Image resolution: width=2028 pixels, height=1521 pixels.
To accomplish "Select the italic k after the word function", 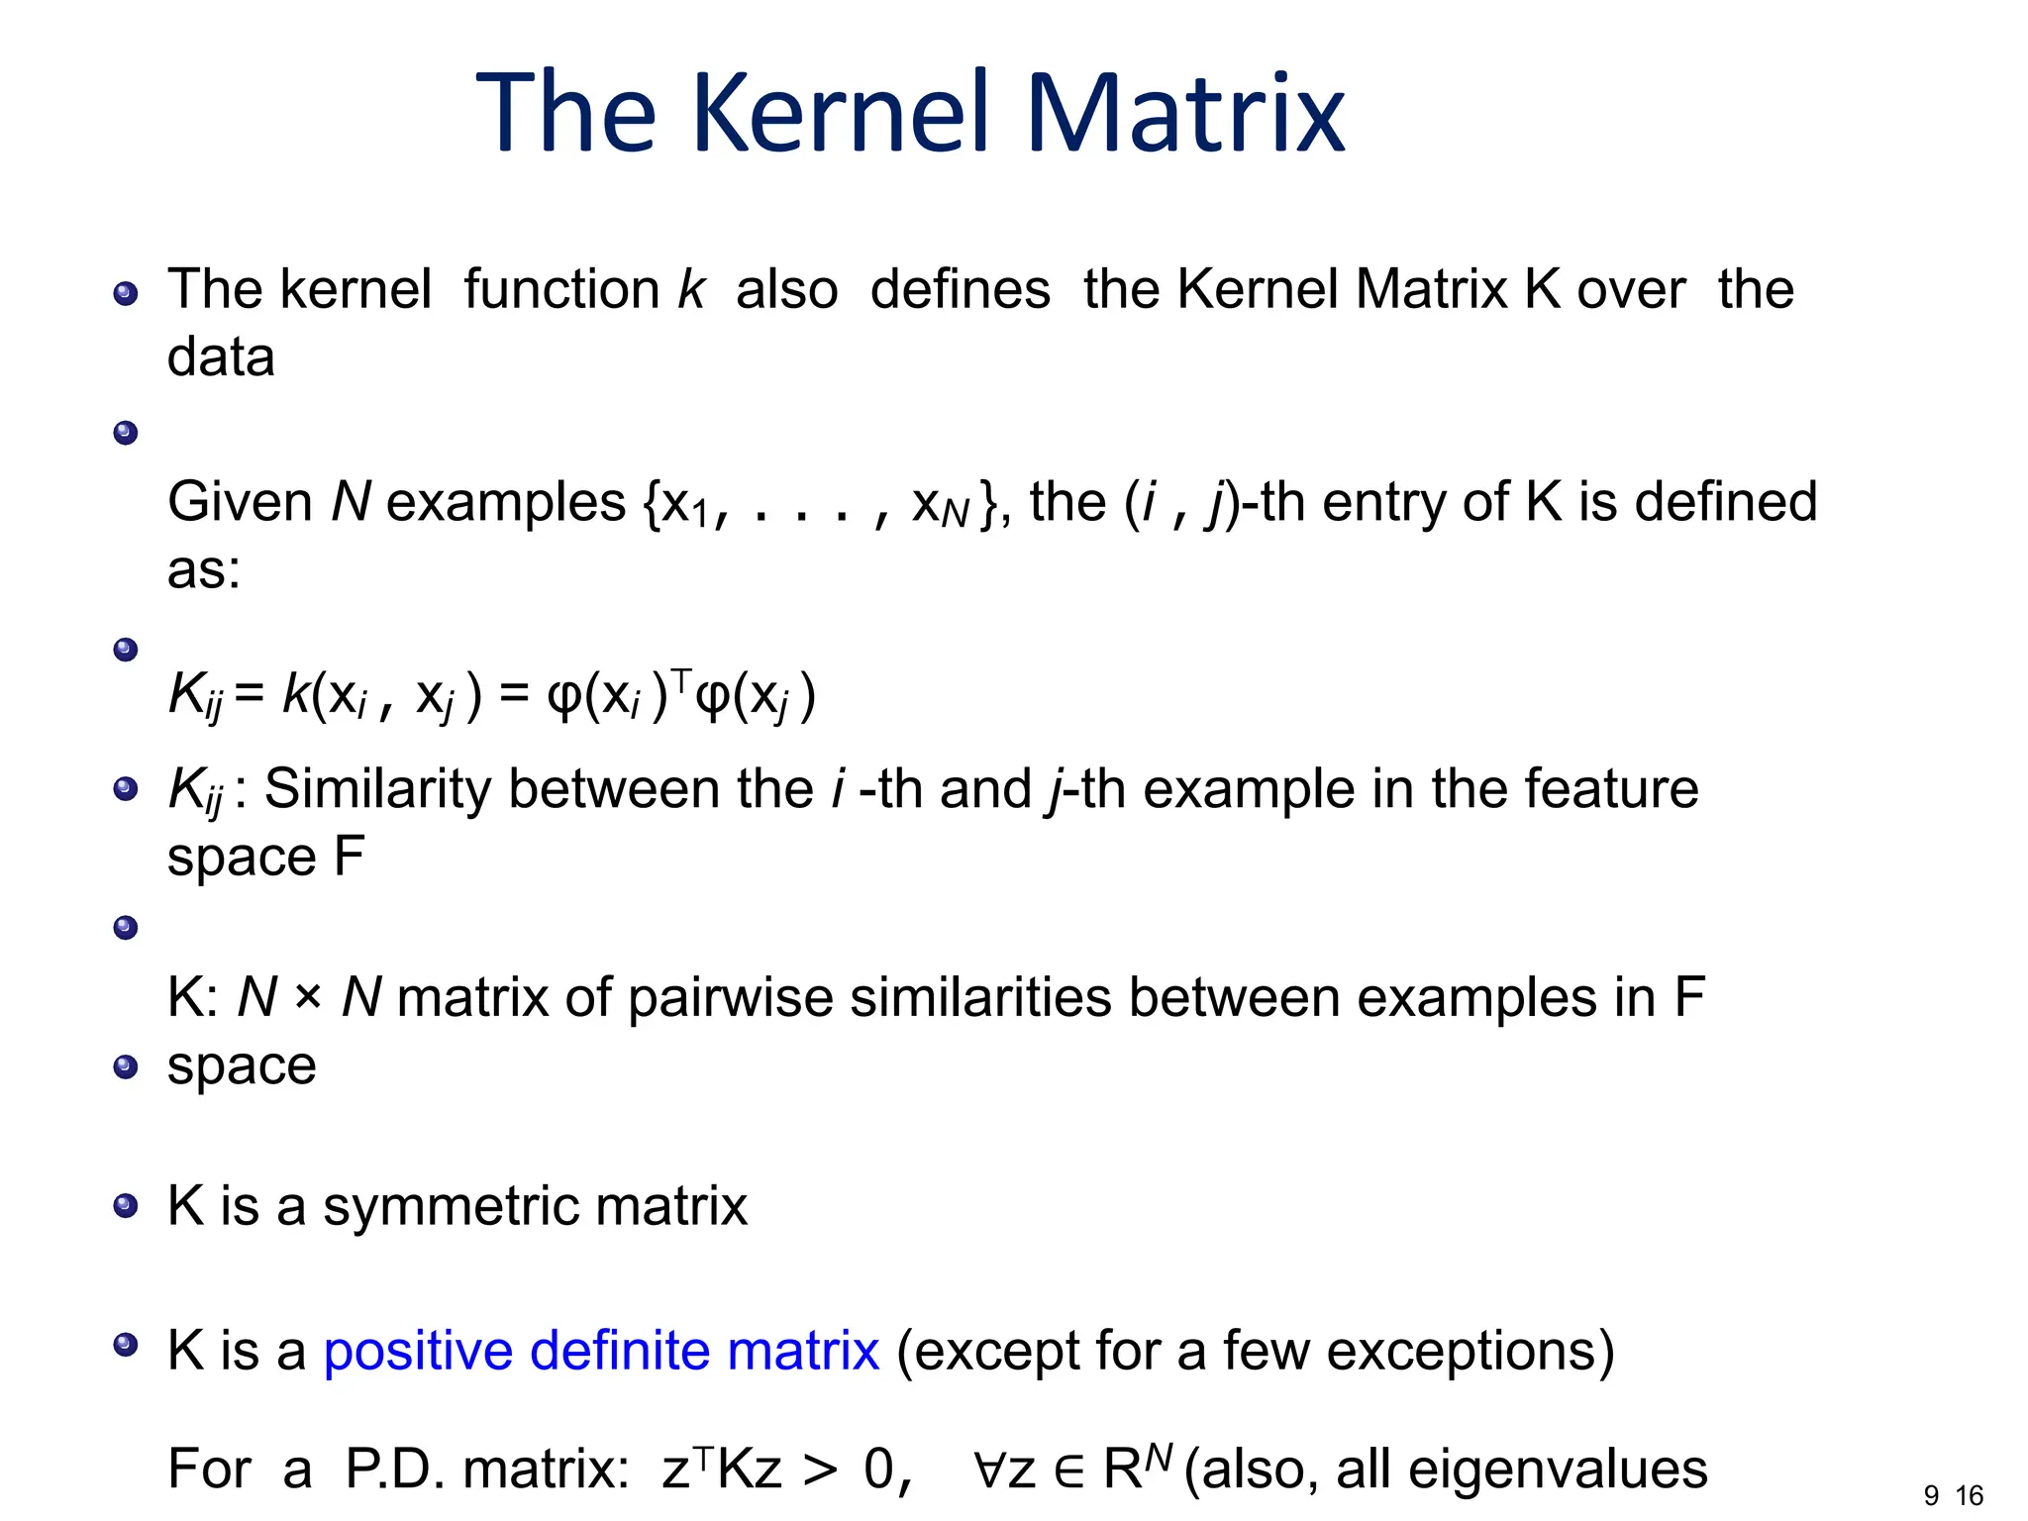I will point(691,289).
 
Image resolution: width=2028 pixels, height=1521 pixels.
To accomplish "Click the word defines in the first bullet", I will point(960,289).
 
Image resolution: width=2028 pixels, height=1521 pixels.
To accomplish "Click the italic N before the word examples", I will point(351,501).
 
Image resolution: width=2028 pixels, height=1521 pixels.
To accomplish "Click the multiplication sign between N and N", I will point(308,996).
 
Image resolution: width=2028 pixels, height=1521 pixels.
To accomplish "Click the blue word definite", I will point(619,1350).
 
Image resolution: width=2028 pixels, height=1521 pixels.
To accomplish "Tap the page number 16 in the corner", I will point(1970,1495).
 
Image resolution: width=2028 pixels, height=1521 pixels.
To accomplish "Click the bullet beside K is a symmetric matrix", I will point(126,1206).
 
